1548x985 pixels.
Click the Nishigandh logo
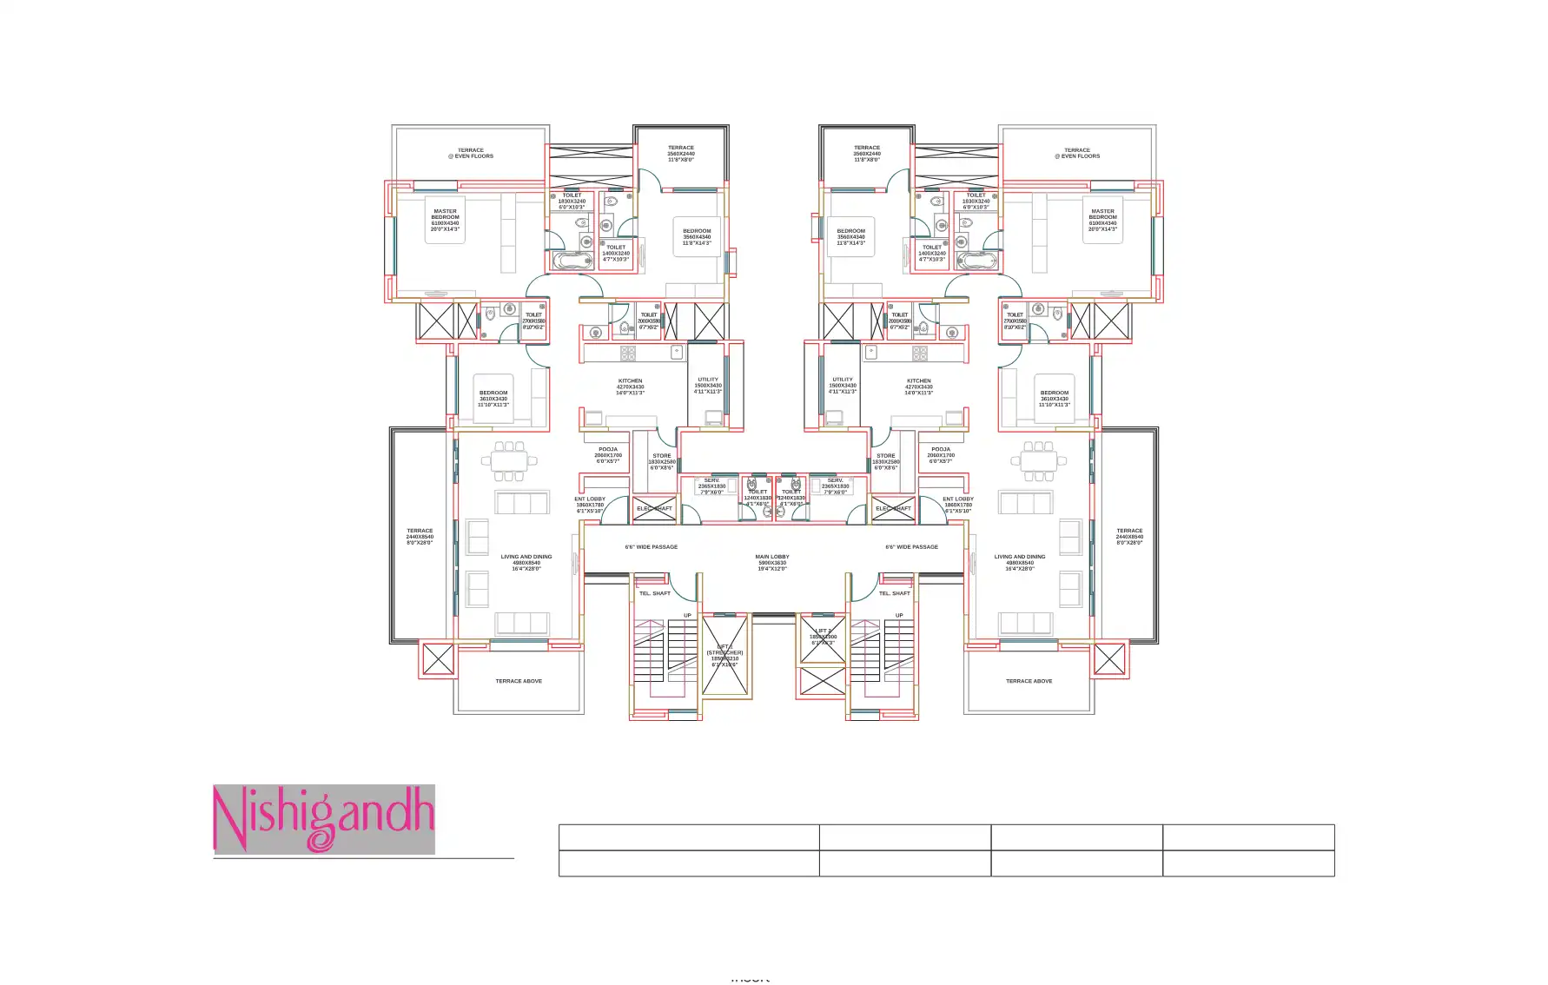pyautogui.click(x=323, y=818)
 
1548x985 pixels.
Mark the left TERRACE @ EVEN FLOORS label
pyautogui.click(x=471, y=153)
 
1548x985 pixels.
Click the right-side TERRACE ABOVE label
pyautogui.click(x=1029, y=681)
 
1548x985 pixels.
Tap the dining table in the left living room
pyautogui.click(x=509, y=460)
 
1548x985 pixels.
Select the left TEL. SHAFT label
pyautogui.click(x=654, y=593)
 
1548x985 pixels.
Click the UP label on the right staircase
pyautogui.click(x=899, y=615)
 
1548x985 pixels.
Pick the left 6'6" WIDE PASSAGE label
pyautogui.click(x=651, y=547)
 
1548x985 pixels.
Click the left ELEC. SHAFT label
pyautogui.click(x=654, y=508)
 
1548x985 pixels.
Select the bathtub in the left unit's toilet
pyautogui.click(x=571, y=261)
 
